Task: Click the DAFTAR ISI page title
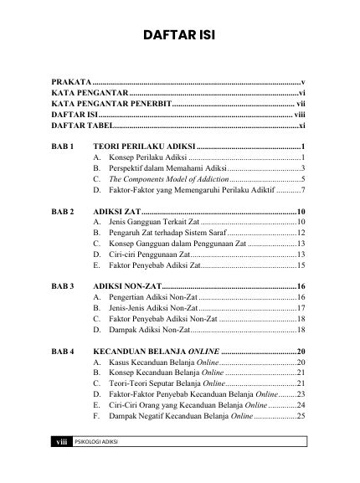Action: pos(179,37)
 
